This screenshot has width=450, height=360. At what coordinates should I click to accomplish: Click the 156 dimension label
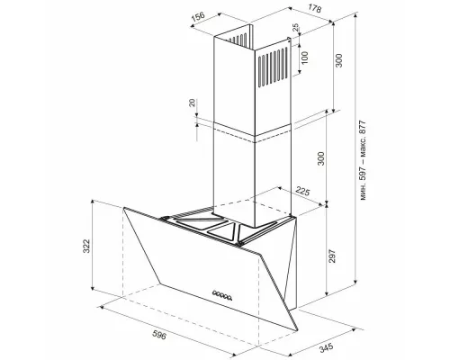click(198, 16)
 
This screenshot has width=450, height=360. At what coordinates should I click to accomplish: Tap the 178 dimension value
click(315, 9)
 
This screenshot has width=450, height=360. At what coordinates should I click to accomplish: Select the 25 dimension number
click(296, 28)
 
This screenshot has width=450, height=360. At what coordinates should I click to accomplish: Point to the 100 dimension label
click(304, 58)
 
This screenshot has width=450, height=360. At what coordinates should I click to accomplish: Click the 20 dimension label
click(193, 103)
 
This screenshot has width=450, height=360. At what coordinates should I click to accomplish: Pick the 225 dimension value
click(302, 191)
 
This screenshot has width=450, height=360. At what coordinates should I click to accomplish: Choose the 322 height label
click(86, 246)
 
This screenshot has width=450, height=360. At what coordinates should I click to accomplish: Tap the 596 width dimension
click(159, 335)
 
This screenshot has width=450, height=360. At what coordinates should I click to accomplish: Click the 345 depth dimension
click(326, 348)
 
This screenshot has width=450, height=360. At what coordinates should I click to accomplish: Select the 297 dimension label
click(331, 256)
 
